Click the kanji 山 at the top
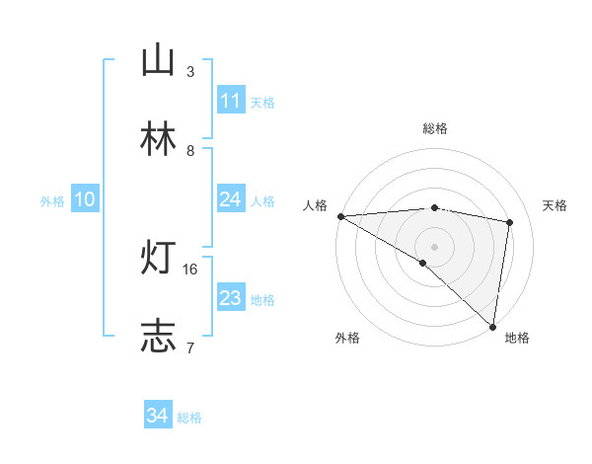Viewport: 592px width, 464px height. click(158, 60)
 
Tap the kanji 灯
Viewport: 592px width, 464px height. click(158, 258)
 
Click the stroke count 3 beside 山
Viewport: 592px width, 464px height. click(190, 72)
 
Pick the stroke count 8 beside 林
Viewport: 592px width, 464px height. click(190, 151)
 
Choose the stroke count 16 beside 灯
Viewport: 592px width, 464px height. click(192, 269)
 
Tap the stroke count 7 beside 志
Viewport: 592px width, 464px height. click(189, 348)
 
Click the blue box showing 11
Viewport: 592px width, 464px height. click(231, 101)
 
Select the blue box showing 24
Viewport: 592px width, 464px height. click(231, 199)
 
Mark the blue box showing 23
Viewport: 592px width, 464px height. click(231, 298)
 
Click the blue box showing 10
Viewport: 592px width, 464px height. click(85, 199)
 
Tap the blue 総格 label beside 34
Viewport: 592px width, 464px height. click(189, 418)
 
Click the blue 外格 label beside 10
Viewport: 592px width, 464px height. click(52, 200)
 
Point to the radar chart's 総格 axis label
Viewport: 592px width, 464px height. click(435, 128)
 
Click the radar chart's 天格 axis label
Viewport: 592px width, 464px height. click(555, 205)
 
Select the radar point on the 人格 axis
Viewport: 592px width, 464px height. click(340, 216)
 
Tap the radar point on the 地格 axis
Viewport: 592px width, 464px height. click(492, 326)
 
